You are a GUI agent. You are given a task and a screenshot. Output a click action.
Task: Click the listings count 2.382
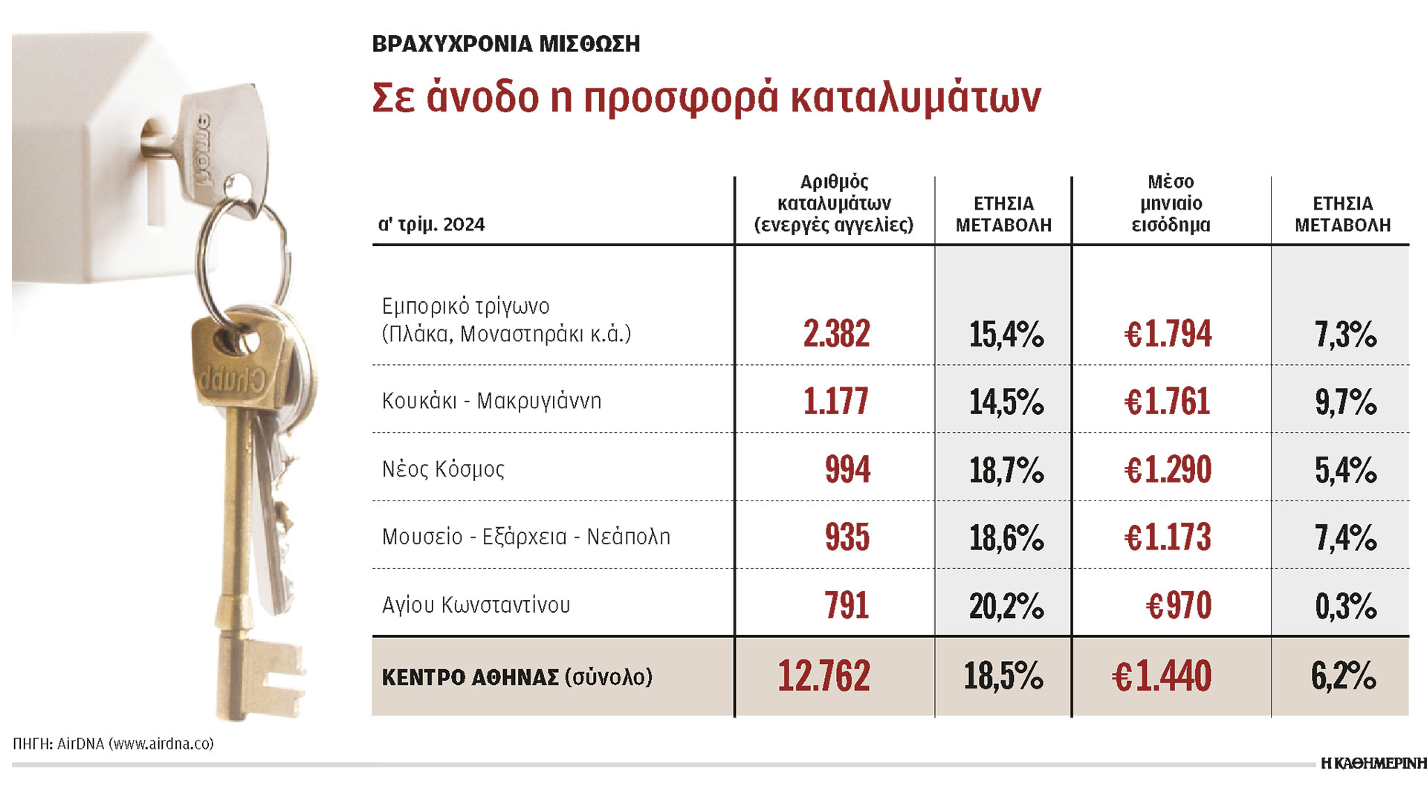pyautogui.click(x=836, y=334)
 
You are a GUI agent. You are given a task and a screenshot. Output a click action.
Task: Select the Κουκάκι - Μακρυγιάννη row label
pyautogui.click(x=491, y=401)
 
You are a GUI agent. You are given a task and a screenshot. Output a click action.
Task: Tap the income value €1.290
pyautogui.click(x=1168, y=470)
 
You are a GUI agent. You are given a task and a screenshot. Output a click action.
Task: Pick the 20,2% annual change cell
pyautogui.click(x=1006, y=606)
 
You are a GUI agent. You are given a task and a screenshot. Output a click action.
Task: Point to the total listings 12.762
pyautogui.click(x=823, y=677)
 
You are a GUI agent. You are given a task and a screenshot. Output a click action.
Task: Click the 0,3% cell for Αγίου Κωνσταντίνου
pyautogui.click(x=1345, y=606)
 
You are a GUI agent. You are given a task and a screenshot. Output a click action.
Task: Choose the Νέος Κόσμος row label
pyautogui.click(x=443, y=469)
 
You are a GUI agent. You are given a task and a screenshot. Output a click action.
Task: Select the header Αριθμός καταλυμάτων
pyautogui.click(x=834, y=203)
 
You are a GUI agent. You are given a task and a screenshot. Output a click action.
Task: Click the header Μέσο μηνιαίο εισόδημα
pyautogui.click(x=1171, y=203)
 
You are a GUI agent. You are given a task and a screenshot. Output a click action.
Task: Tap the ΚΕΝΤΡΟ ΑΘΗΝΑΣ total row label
pyautogui.click(x=517, y=677)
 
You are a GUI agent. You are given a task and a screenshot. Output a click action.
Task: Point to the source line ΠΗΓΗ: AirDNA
pyautogui.click(x=113, y=744)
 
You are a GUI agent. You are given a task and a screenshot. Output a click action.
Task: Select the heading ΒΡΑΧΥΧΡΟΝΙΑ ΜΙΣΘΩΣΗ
pyautogui.click(x=505, y=44)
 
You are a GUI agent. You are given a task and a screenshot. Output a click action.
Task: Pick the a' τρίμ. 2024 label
pyautogui.click(x=431, y=225)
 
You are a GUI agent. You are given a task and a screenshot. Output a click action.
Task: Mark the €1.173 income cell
pyautogui.click(x=1168, y=538)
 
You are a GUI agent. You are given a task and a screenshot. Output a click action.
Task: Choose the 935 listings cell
pyautogui.click(x=847, y=538)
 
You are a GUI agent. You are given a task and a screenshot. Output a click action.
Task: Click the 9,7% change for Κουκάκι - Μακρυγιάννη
pyautogui.click(x=1345, y=402)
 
